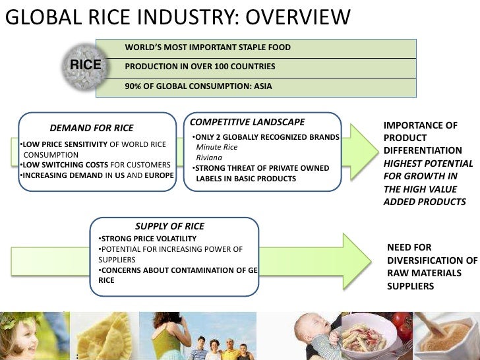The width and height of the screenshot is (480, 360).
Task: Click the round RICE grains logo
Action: pos(86,65)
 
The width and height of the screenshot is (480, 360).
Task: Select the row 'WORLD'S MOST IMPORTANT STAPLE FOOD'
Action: pos(208,47)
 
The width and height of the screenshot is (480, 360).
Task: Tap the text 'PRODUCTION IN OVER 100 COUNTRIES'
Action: pos(200,67)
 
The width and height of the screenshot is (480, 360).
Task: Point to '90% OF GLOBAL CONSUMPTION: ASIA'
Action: pos(198,86)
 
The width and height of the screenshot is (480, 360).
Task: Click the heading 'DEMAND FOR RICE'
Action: pos(92,128)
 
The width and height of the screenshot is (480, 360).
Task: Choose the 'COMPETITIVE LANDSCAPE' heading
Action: pos(247,122)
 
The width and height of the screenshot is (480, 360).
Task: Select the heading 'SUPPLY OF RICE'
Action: pos(169,225)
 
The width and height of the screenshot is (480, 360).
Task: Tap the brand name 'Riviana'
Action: pos(209,158)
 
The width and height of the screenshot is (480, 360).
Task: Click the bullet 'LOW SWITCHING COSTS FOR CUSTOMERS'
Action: pos(96,165)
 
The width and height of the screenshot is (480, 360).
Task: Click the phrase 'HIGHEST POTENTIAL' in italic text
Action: pos(429,163)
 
